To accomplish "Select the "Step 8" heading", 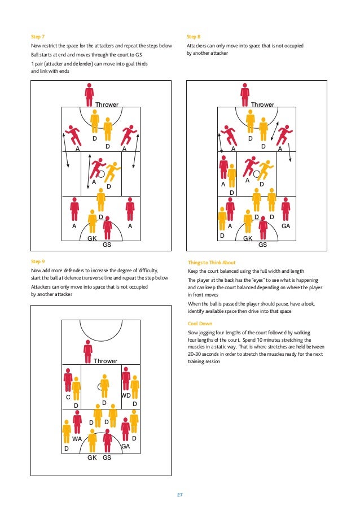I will [x=194, y=36].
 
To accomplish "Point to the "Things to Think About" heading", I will [x=212, y=263].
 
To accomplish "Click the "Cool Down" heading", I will [x=200, y=324].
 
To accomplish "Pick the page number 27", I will [x=180, y=495].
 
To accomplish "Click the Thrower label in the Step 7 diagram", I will [x=106, y=105].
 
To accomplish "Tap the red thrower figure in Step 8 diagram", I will [x=244, y=93].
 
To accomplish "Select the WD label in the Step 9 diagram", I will [x=126, y=395].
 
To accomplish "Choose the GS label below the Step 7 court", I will [x=107, y=245].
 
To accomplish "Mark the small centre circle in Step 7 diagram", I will [x=102, y=174].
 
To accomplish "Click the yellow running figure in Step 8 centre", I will [x=265, y=171].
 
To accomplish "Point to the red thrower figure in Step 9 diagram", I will [x=87, y=351].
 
